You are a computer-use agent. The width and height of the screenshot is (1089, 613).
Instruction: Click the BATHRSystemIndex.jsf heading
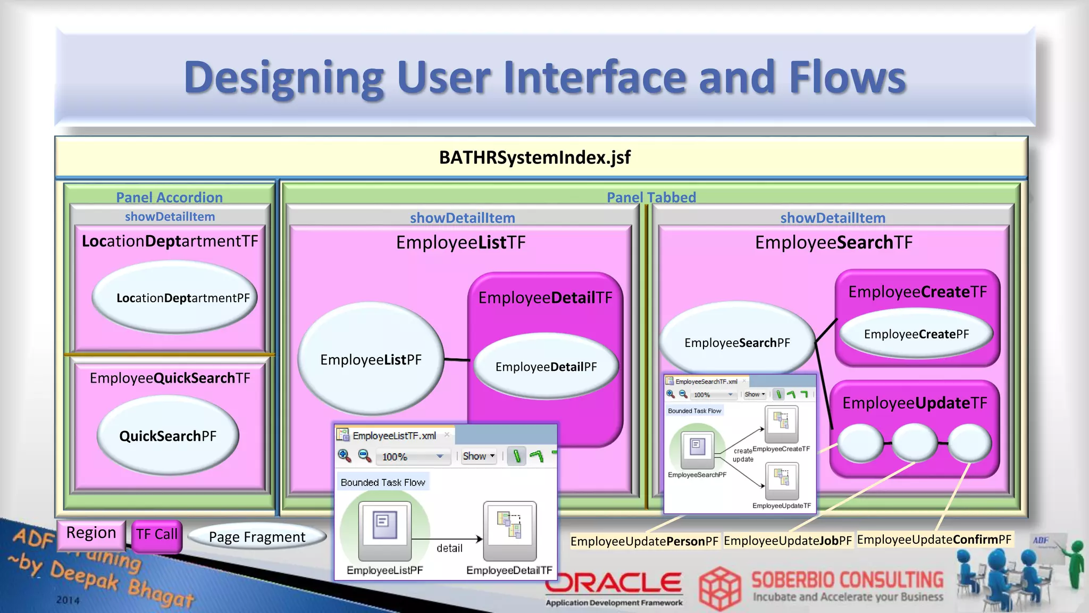pyautogui.click(x=534, y=158)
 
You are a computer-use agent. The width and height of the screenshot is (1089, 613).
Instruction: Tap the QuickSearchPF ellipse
pyautogui.click(x=168, y=436)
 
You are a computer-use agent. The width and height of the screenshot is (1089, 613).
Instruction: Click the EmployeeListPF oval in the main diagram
pyautogui.click(x=371, y=360)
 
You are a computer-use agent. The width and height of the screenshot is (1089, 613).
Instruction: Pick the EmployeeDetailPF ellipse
pyautogui.click(x=546, y=367)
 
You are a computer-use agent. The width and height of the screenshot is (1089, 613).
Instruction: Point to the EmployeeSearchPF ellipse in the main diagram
pyautogui.click(x=737, y=343)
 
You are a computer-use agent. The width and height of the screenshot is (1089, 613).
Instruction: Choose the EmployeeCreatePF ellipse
pyautogui.click(x=916, y=334)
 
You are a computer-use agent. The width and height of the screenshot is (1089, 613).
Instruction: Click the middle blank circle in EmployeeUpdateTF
pyautogui.click(x=915, y=443)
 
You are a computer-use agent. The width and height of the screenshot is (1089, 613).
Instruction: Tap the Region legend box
pyautogui.click(x=91, y=533)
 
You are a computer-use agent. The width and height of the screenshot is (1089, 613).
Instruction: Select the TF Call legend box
pyautogui.click(x=156, y=535)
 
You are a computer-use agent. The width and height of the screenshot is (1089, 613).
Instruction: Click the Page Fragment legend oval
pyautogui.click(x=257, y=537)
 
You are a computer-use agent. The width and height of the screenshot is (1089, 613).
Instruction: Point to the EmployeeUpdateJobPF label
pyautogui.click(x=788, y=541)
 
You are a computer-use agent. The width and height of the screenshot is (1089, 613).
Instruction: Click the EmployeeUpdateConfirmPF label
pyautogui.click(x=934, y=540)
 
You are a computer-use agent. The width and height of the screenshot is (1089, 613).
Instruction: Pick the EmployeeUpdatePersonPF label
pyautogui.click(x=644, y=542)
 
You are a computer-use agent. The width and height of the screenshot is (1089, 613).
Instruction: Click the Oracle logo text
pyautogui.click(x=614, y=583)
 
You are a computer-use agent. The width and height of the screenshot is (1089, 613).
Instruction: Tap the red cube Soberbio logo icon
pyautogui.click(x=719, y=589)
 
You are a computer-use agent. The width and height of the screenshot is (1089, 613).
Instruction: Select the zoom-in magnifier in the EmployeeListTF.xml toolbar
pyautogui.click(x=345, y=455)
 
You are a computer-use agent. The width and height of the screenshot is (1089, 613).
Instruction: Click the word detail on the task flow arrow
pyautogui.click(x=449, y=548)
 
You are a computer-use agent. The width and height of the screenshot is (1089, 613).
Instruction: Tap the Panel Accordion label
pyautogui.click(x=169, y=197)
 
